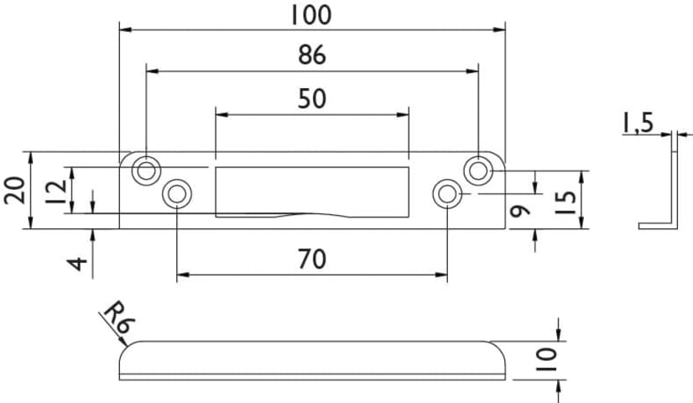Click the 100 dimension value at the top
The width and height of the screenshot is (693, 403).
[311, 14]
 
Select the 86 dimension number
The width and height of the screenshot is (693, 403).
[311, 55]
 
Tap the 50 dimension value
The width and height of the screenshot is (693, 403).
[311, 98]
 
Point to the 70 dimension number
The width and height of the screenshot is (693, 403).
[311, 259]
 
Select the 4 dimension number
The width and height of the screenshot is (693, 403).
[78, 263]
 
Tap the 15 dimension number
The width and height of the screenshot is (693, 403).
[567, 201]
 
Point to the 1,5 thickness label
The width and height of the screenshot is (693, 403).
[637, 123]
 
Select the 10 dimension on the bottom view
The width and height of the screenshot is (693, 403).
[546, 359]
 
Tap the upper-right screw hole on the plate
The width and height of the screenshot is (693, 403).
[478, 170]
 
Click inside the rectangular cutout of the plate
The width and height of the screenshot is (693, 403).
[311, 189]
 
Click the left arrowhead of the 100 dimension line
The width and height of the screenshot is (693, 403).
[124, 29]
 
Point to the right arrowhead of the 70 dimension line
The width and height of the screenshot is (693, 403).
[442, 274]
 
